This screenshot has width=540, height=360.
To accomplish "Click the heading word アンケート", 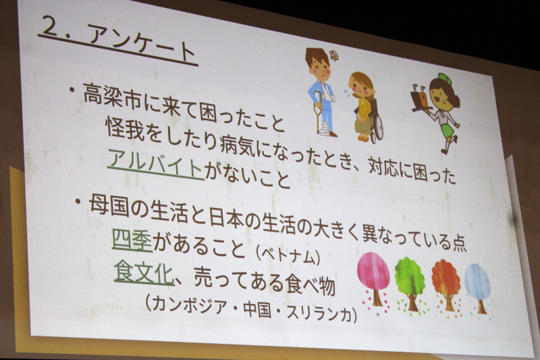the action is pyautogui.click(x=141, y=43).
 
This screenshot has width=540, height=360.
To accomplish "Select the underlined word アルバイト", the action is pyautogui.click(x=156, y=164).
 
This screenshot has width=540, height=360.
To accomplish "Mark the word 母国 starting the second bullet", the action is pyautogui.click(x=109, y=206).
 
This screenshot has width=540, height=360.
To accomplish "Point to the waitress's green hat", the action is pyautogui.click(x=444, y=79).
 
